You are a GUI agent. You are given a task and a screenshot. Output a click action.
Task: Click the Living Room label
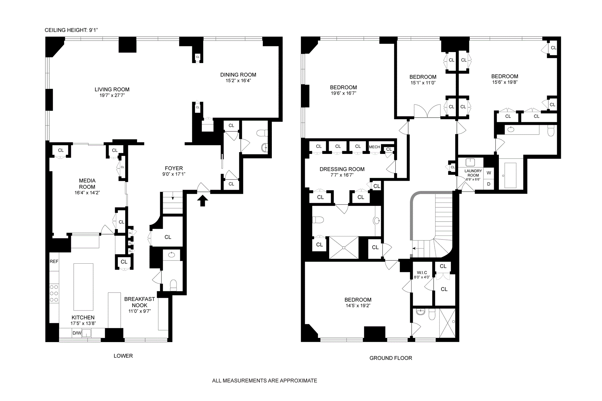[112, 89]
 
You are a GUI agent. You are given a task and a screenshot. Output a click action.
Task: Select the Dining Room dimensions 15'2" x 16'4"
[238, 81]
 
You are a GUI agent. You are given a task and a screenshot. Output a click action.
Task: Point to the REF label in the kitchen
[54, 261]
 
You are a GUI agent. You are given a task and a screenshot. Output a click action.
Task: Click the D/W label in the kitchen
[77, 333]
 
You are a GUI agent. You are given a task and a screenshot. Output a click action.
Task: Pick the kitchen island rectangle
[83, 287]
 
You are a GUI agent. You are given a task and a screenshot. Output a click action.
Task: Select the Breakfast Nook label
[140, 302]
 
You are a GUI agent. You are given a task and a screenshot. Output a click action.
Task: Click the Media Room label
[87, 184]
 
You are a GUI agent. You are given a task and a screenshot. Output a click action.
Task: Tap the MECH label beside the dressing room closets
[374, 147]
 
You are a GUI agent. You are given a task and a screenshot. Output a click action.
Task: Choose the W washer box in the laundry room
[488, 173]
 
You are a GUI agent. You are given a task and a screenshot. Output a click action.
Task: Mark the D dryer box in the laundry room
[488, 184]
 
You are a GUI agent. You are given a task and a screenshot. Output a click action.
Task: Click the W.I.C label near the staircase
[422, 272]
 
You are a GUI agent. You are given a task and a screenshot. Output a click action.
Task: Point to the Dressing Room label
[342, 169]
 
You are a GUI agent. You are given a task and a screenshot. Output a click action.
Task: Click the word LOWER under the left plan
[123, 356]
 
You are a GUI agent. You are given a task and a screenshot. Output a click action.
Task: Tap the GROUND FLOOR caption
[391, 358]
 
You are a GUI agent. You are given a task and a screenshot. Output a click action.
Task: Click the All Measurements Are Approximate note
[265, 381]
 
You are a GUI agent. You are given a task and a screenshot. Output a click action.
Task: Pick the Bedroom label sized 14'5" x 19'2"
[358, 300]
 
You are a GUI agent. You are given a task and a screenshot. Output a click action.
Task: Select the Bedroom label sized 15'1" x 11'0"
[423, 77]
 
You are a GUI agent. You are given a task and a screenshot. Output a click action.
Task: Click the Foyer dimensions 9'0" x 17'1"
[174, 174]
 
